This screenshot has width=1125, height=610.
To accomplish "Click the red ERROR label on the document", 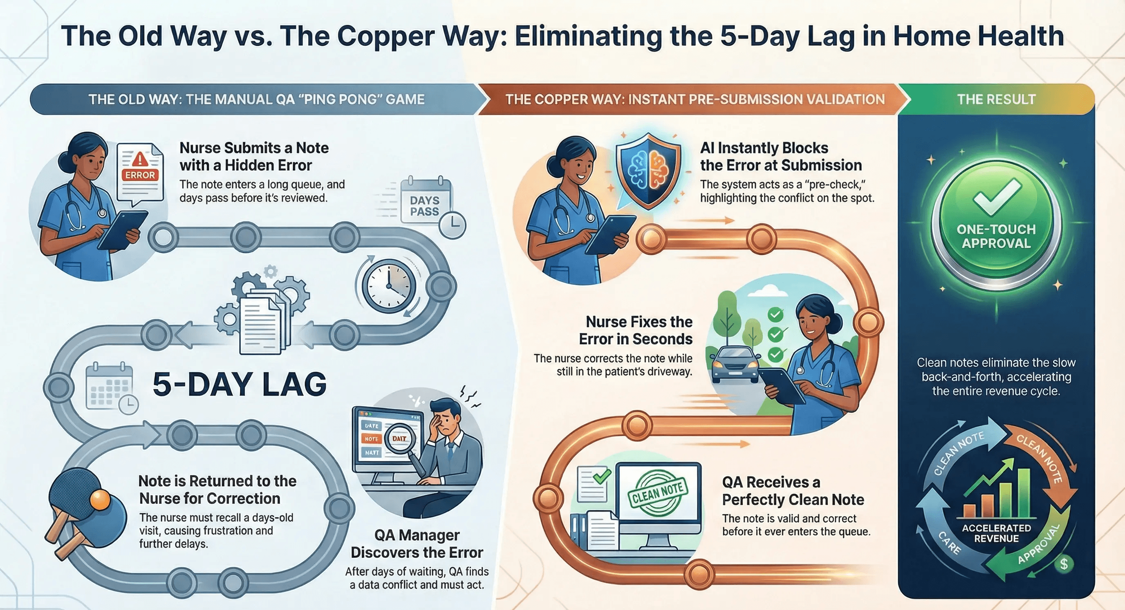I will (140, 175).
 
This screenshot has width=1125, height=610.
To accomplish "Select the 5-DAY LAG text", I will (239, 384).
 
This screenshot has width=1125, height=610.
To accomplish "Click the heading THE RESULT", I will (996, 100).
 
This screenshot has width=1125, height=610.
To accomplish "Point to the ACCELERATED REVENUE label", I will (996, 533).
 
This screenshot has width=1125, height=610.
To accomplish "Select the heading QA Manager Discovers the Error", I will (417, 544).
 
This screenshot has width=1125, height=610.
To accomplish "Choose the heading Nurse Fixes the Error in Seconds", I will (636, 330).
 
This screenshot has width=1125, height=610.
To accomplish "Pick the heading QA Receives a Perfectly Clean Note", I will (793, 491).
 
